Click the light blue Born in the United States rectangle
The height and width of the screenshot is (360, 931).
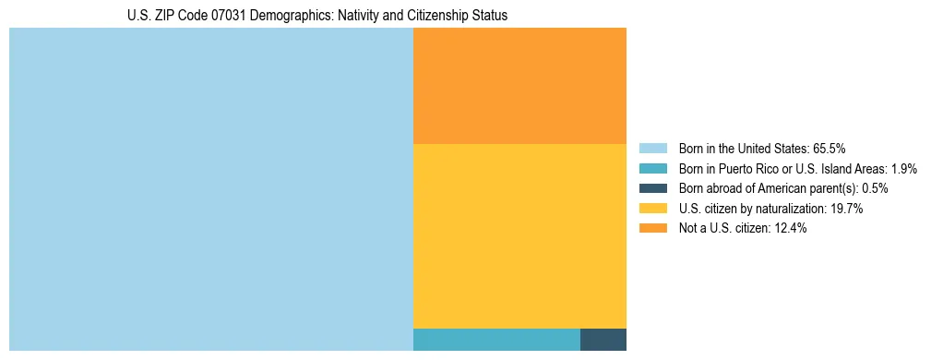pyautogui.click(x=210, y=189)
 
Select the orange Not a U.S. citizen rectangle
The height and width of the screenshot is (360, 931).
pyautogui.click(x=519, y=86)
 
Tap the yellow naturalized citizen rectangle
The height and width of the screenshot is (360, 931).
pyautogui.click(x=519, y=235)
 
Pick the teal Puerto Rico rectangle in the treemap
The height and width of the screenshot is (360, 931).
pyautogui.click(x=496, y=339)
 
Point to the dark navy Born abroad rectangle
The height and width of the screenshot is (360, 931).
pyautogui.click(x=603, y=339)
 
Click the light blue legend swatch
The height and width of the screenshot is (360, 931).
pyautogui.click(x=652, y=148)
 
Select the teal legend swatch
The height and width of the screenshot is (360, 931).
pyautogui.click(x=652, y=168)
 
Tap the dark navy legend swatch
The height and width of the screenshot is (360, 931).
pyautogui.click(x=652, y=188)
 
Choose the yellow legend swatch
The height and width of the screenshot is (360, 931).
pyautogui.click(x=652, y=209)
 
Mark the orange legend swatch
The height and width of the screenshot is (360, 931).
pyautogui.click(x=652, y=229)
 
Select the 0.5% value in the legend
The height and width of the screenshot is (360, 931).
pyautogui.click(x=875, y=188)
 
